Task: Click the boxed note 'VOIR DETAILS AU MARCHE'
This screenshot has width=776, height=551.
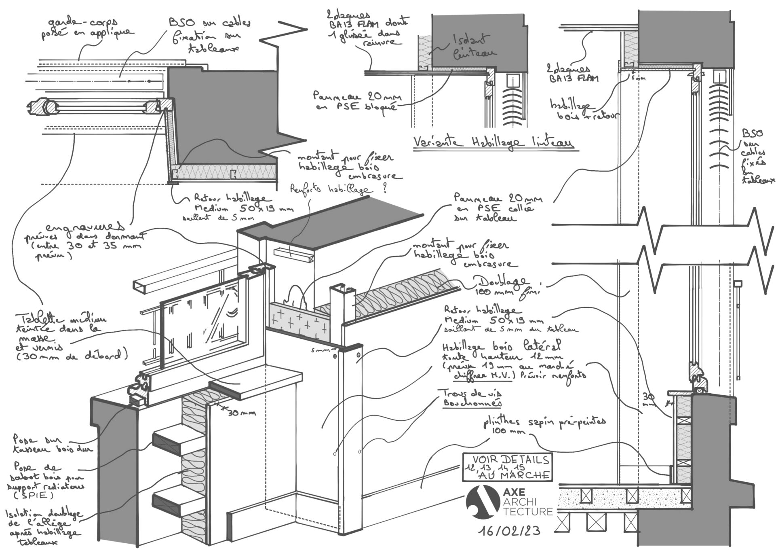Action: pyautogui.click(x=507, y=468)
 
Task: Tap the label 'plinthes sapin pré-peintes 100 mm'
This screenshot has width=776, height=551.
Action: pyautogui.click(x=544, y=424)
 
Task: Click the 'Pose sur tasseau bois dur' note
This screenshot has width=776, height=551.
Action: pyautogui.click(x=51, y=444)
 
